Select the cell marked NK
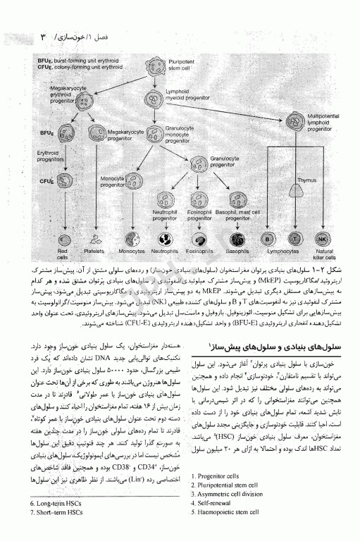point(323,239)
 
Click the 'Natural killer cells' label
point(325,253)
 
